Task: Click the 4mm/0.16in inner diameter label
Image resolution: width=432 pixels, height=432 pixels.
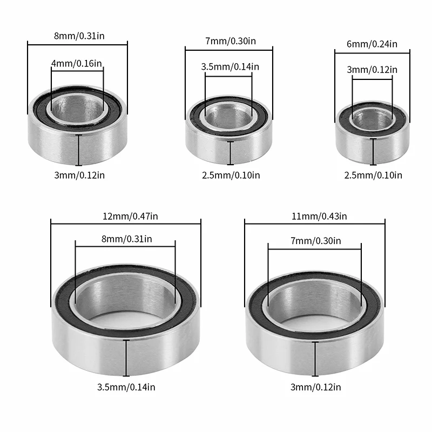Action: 77,64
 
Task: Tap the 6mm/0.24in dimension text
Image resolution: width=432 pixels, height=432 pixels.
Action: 372,44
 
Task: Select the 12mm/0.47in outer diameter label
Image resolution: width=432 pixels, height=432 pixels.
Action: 130,217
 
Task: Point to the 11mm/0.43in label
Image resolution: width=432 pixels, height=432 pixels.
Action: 319,217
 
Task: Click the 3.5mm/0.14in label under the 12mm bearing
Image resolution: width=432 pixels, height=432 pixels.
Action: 126,387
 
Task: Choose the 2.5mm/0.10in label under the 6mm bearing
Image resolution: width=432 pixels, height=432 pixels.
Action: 373,175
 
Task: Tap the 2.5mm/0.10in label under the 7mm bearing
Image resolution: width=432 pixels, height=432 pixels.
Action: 231,175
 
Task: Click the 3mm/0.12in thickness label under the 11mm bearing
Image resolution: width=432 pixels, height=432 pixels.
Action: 316,387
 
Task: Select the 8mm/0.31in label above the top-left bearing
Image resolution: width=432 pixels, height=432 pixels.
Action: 79,36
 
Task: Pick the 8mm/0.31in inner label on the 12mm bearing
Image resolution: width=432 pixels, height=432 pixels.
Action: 127,239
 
